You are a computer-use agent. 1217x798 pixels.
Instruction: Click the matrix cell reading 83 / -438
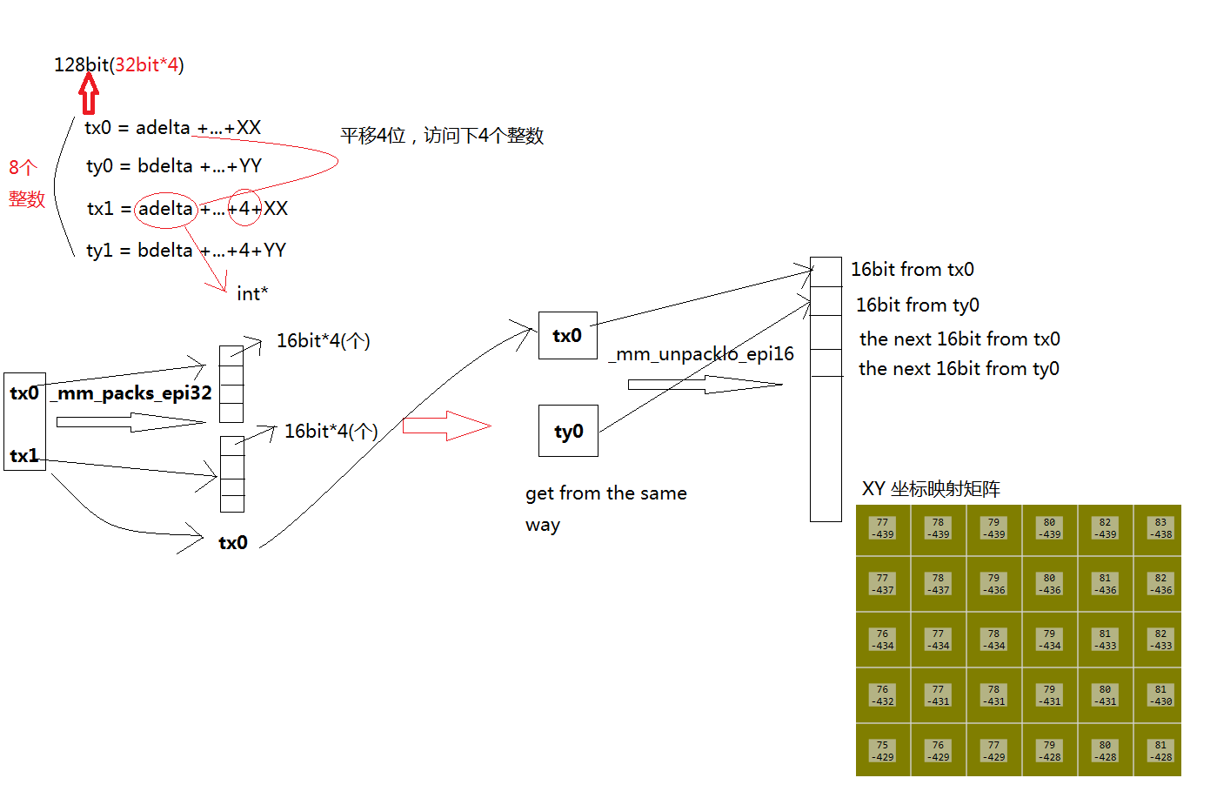coord(1160,529)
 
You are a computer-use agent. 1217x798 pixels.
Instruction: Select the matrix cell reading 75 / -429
coord(883,751)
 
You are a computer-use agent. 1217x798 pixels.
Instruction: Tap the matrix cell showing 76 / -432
coord(883,695)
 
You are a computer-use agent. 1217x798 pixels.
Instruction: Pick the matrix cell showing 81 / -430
coord(1160,695)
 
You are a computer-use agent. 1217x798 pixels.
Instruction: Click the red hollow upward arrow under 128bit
coord(89,94)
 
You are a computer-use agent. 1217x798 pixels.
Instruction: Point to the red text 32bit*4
coord(146,64)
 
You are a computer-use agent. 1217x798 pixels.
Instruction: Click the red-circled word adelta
coord(165,209)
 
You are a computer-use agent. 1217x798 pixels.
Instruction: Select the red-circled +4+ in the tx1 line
coord(244,209)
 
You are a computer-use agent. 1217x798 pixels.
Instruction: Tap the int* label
coord(252,294)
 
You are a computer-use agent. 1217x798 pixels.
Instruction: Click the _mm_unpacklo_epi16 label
coord(701,354)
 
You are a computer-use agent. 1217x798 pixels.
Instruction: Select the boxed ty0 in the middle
coord(568,432)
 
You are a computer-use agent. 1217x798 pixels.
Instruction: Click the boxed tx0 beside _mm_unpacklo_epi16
coord(567,336)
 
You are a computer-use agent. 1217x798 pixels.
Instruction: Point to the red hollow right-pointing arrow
coord(446,426)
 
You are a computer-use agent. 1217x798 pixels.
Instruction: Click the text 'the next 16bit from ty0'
coord(959,369)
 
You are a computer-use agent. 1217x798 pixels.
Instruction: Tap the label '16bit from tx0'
coord(912,270)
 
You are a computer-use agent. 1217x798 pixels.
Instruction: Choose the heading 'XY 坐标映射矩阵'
coord(931,489)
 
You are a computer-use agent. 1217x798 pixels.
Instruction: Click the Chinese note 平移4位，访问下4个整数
coord(442,136)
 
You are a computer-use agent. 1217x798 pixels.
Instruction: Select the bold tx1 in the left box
coord(24,455)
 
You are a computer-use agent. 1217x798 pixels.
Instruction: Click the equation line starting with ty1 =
coord(186,251)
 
